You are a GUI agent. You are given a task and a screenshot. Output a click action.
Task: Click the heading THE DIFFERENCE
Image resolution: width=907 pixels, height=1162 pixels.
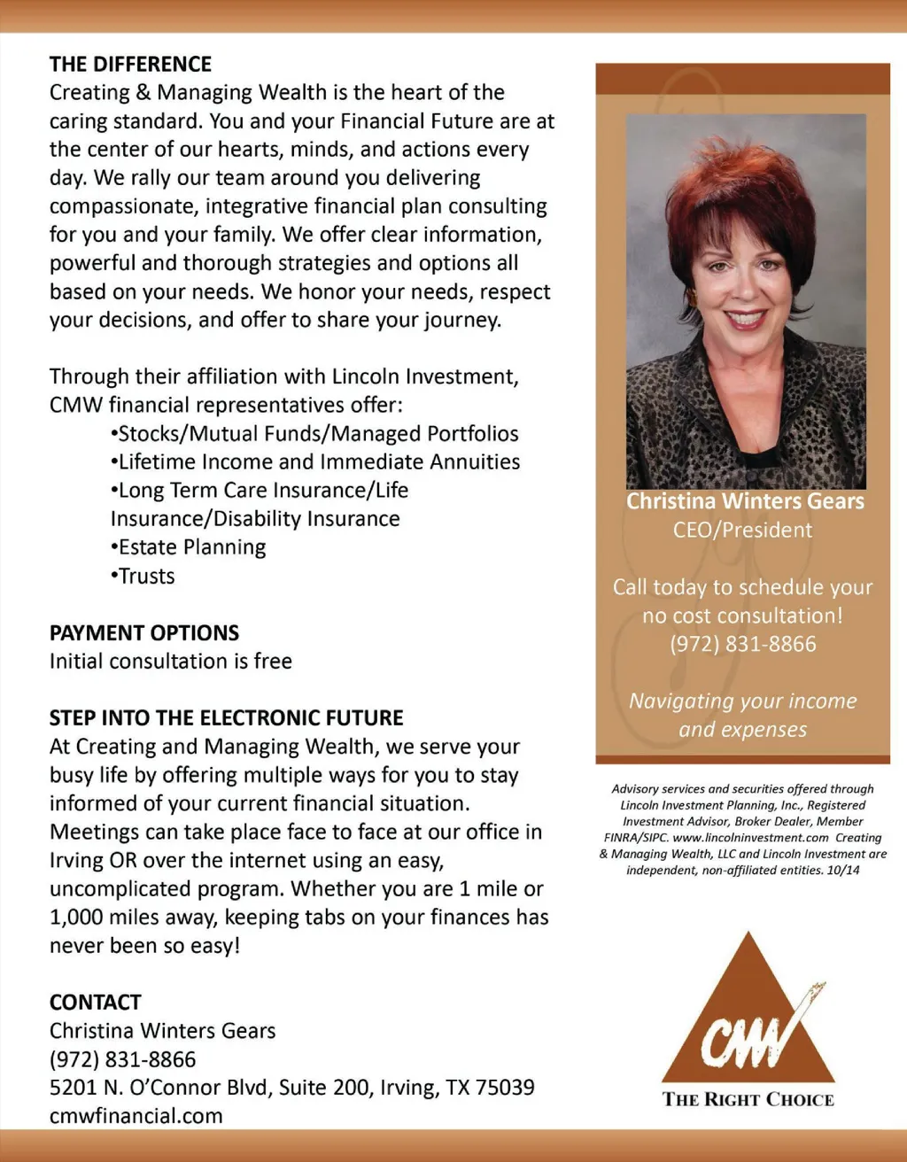pos(130,65)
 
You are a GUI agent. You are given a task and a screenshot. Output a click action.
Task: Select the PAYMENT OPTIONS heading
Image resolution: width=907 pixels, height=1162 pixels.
pos(144,633)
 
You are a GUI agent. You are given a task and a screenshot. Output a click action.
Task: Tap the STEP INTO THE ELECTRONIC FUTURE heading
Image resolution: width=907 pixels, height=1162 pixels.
pos(226,718)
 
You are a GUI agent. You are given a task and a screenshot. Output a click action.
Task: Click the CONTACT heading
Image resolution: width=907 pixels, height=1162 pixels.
pos(95,1003)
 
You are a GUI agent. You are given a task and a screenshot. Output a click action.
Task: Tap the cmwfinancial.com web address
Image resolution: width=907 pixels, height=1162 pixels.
pos(136,1116)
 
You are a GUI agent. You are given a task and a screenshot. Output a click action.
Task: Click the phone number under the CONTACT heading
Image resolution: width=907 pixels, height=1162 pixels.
pos(122,1059)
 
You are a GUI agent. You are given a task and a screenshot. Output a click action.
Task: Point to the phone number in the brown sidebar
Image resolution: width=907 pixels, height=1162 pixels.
pos(742,644)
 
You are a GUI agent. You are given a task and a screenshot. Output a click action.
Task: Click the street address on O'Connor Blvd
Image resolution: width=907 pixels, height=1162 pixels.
pos(291,1088)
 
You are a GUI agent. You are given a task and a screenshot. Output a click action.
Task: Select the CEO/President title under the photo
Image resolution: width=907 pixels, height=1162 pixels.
pos(742,531)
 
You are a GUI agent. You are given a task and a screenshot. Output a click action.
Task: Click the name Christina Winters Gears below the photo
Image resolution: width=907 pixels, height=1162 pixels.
pos(744,501)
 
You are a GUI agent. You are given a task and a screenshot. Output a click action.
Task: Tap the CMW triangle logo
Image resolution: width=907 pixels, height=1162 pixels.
pos(749,1010)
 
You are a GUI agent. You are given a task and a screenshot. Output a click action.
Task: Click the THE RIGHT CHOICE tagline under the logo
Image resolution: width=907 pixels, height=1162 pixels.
pos(748,1100)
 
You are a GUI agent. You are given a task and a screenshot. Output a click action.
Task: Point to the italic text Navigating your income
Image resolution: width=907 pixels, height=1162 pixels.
pos(742,701)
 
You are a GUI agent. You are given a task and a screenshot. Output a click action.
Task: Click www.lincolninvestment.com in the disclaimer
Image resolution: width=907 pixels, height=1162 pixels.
pos(750,838)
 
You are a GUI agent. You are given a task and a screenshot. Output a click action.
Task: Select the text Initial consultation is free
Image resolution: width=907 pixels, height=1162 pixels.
pos(170,662)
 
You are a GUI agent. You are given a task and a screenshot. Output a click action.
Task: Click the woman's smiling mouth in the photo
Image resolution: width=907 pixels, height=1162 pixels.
pos(744,318)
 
